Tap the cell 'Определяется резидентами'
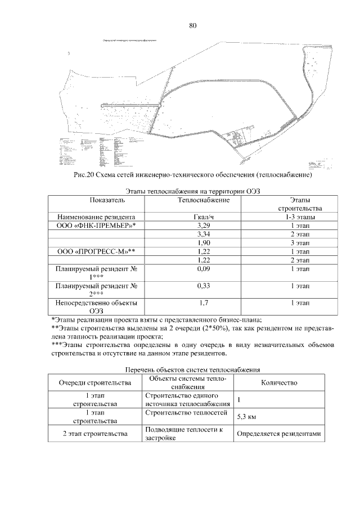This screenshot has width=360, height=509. pos(278,434)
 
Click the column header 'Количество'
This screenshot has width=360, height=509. pos(279,382)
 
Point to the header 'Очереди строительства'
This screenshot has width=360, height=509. pos(95,382)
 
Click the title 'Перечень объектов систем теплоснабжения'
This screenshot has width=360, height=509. pos(192,370)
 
